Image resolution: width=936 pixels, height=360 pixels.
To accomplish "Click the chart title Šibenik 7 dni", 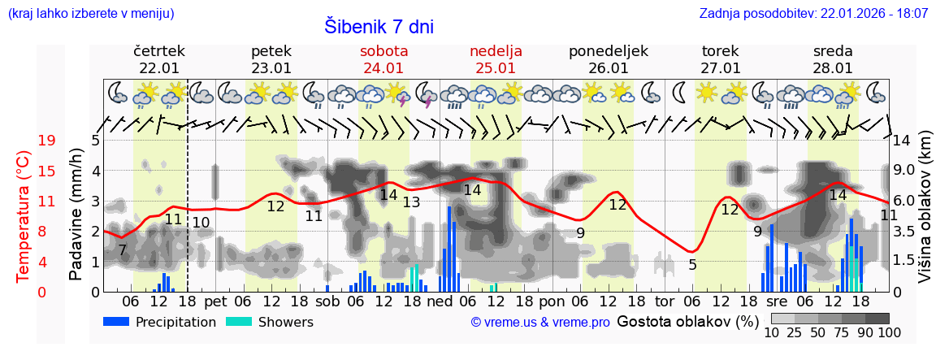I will click(x=379, y=26).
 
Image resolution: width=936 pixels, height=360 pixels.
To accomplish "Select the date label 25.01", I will click(x=496, y=68).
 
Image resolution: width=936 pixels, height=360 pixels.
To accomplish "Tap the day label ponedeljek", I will click(x=608, y=50).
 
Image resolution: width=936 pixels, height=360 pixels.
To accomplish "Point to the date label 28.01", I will click(x=833, y=68).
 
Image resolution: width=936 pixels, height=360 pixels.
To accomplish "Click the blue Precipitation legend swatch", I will click(x=117, y=321).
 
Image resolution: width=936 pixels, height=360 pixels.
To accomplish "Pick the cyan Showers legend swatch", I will click(x=239, y=321).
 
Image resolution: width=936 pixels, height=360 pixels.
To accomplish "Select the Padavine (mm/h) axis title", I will click(x=76, y=215).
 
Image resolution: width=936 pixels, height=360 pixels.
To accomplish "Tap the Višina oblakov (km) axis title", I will click(x=925, y=215).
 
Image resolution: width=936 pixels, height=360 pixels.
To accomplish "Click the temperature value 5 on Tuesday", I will click(x=692, y=264).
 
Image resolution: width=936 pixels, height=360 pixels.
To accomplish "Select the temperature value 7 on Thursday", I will click(x=122, y=250).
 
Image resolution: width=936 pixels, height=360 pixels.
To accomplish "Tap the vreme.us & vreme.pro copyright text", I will click(x=540, y=323).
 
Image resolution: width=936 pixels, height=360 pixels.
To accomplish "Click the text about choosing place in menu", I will click(x=90, y=14).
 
